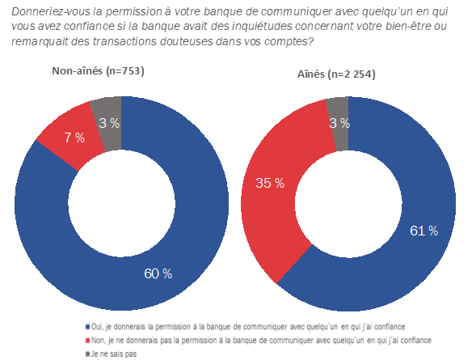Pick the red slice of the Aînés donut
pyautogui.click(x=271, y=202)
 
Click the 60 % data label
pyautogui.click(x=158, y=273)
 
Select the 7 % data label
pyautogui.click(x=74, y=138)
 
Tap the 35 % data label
pyautogui.click(x=269, y=183)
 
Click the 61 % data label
pyautogui.click(x=423, y=231)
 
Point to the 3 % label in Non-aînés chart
pyautogui.click(x=108, y=123)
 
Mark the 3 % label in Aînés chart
pyautogui.click(x=339, y=123)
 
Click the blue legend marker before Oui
pyautogui.click(x=86, y=327)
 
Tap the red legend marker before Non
pyautogui.click(x=86, y=341)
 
